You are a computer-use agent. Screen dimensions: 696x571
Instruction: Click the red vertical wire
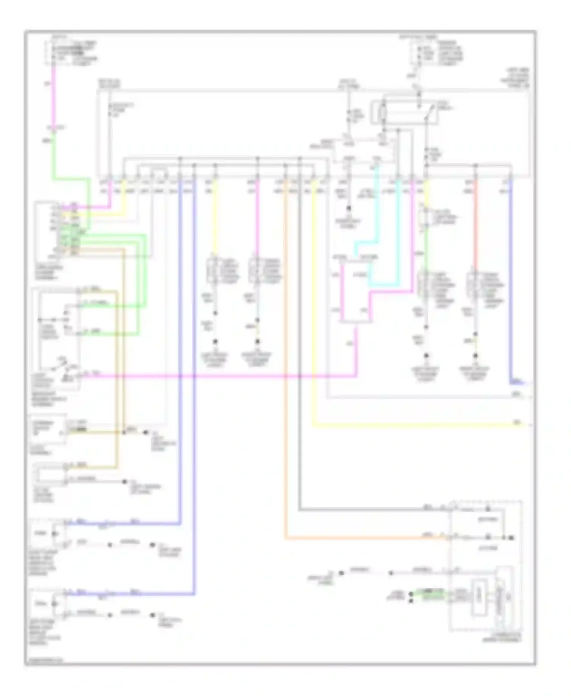475,228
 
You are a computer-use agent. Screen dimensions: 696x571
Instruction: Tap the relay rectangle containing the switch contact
404,112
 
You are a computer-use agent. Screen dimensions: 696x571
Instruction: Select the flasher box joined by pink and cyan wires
356,291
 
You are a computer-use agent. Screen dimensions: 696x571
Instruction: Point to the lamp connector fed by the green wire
423,288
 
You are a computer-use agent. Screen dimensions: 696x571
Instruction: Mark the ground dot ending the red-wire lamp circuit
475,356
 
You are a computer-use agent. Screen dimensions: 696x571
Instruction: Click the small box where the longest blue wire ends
55,604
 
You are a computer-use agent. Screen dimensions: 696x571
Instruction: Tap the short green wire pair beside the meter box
428,595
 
